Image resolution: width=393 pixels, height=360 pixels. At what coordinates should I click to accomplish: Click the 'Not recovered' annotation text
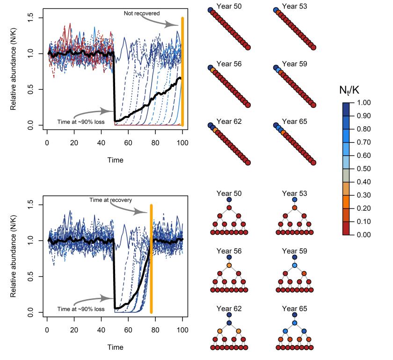(x=141, y=13)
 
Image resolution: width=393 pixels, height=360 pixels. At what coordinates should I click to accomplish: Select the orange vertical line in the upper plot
(x=182, y=70)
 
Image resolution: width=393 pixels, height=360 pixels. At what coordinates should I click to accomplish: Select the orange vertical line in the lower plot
(x=151, y=257)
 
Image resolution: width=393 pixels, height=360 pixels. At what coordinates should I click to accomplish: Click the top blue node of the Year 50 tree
(x=229, y=199)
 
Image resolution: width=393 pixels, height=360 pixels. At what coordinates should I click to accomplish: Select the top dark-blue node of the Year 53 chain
(x=277, y=9)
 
